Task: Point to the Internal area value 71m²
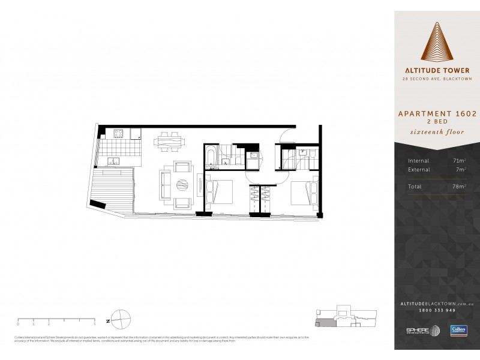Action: coord(458,161)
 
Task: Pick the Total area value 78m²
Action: coord(458,187)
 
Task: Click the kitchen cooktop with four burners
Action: coord(119,134)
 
